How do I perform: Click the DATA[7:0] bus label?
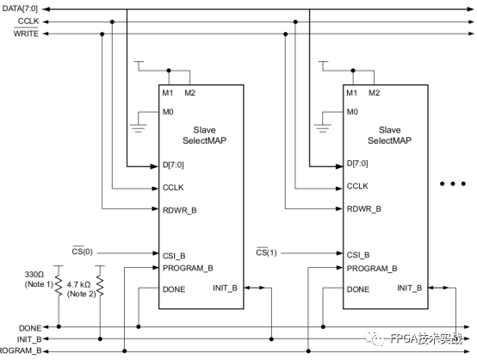point(21,9)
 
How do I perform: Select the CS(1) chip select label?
point(268,251)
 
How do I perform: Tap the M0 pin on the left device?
point(169,111)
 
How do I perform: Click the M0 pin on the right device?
point(352,111)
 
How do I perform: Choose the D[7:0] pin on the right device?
point(358,164)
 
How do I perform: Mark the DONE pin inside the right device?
point(359,289)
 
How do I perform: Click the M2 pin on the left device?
point(189,92)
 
